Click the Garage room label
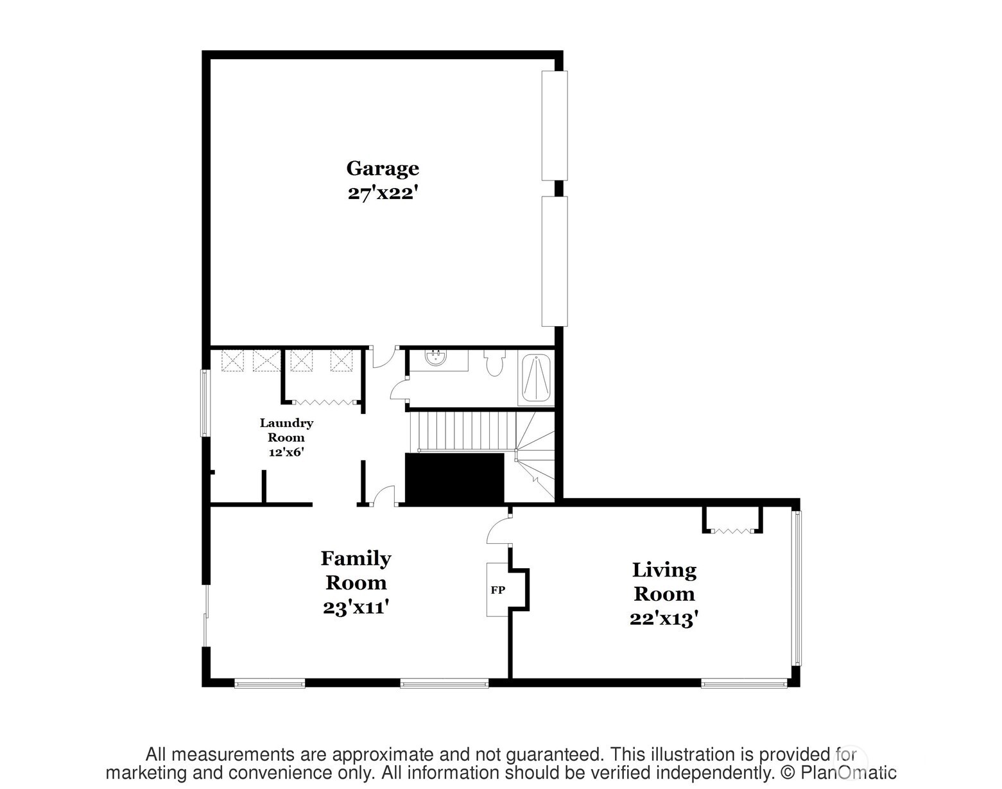(x=383, y=168)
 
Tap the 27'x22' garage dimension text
(x=383, y=193)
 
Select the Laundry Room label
(x=286, y=430)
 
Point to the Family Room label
(x=356, y=570)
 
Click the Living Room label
(x=664, y=582)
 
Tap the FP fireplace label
(x=497, y=590)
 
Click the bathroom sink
(x=436, y=358)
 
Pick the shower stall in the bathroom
(x=535, y=379)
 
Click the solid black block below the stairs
(x=454, y=478)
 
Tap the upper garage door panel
(x=555, y=125)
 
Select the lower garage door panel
(x=555, y=261)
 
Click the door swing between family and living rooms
(x=498, y=532)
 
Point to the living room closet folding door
(x=732, y=531)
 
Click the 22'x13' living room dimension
(x=664, y=619)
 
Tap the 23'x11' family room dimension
(x=357, y=607)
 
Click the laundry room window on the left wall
(x=205, y=403)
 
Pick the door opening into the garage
(x=383, y=357)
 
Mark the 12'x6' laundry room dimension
(x=286, y=451)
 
